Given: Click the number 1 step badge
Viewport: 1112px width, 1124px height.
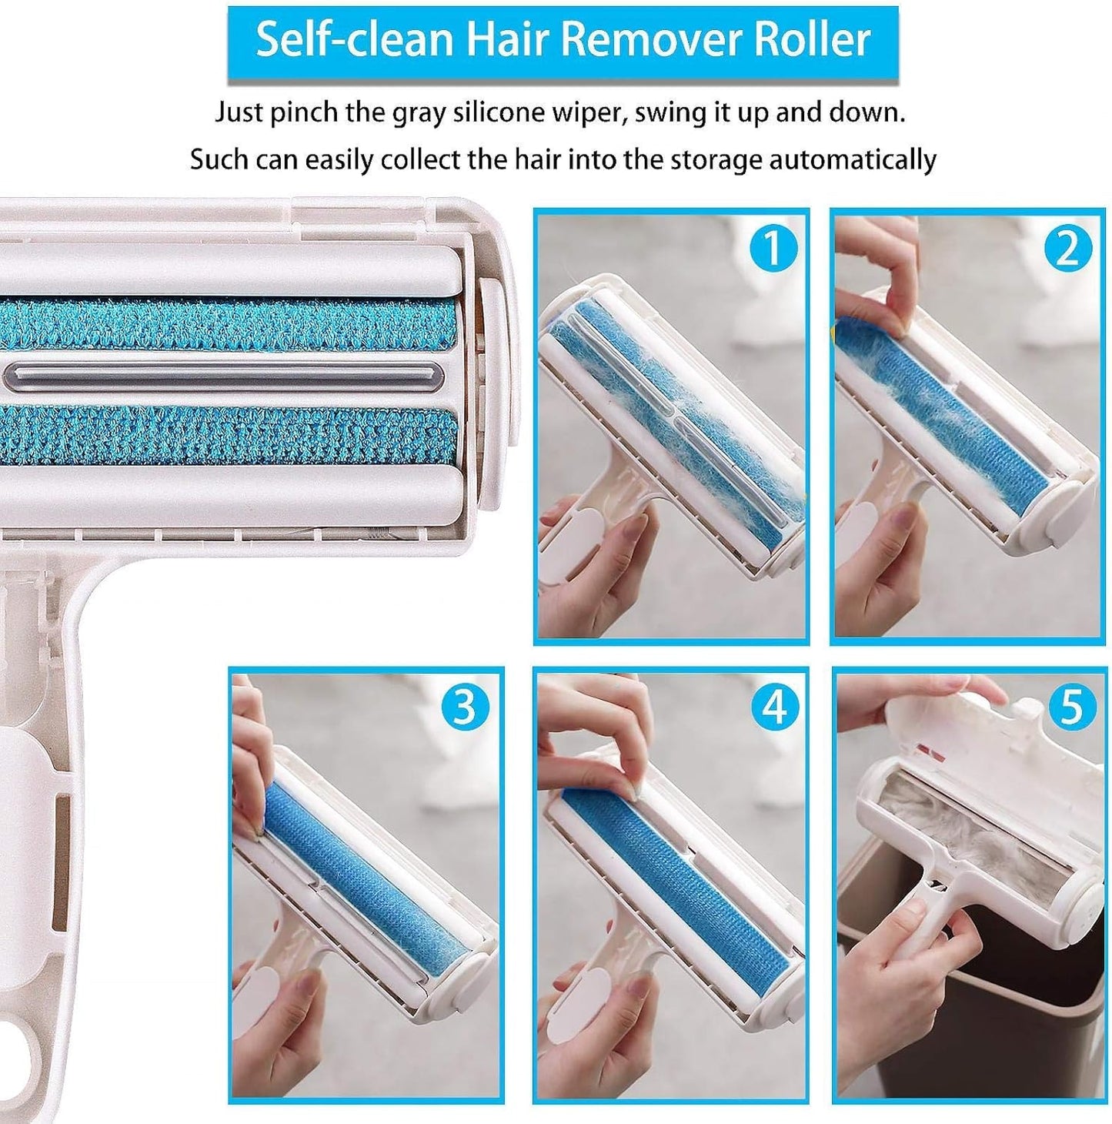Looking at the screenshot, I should (x=772, y=249).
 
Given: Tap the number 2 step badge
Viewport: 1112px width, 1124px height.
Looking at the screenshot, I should (x=1068, y=249).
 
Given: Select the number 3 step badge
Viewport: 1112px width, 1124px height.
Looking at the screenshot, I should (x=465, y=706).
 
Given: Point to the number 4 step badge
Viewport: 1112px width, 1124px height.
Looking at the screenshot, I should (x=773, y=706).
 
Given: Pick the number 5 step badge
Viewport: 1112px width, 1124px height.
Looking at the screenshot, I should (x=1070, y=706).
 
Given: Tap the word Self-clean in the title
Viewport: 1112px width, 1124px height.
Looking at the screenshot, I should (x=355, y=40).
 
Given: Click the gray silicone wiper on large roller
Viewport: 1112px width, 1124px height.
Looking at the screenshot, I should (x=223, y=376).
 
